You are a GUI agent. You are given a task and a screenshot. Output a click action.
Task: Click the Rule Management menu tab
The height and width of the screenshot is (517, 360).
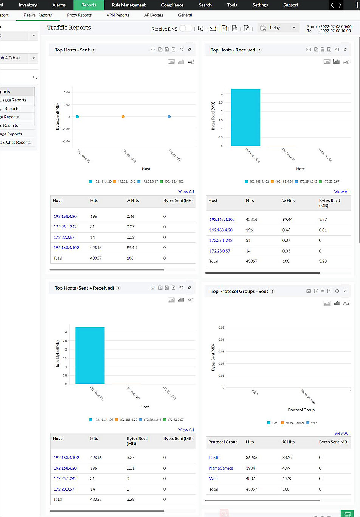(x=129, y=5)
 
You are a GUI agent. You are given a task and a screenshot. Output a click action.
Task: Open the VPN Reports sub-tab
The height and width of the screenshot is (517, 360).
(x=118, y=15)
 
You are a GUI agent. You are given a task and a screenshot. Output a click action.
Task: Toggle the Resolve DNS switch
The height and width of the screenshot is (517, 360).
(x=185, y=28)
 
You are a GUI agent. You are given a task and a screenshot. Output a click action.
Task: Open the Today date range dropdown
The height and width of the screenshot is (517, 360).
(x=278, y=28)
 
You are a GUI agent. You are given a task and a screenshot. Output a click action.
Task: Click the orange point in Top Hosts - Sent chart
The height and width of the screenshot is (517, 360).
(x=123, y=117)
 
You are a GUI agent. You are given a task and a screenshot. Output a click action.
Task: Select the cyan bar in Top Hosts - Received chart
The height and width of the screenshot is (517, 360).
(x=245, y=117)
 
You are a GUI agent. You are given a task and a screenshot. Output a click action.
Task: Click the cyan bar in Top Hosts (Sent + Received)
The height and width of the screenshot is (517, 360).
(x=90, y=356)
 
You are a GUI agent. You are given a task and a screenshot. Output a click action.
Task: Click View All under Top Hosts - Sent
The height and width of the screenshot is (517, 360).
(x=186, y=192)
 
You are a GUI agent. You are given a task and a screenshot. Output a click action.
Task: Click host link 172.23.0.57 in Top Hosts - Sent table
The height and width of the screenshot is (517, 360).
(x=64, y=238)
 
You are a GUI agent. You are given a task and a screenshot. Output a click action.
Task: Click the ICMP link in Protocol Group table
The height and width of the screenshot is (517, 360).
(x=214, y=458)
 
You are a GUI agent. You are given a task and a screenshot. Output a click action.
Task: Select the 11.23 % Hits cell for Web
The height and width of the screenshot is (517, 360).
(x=287, y=478)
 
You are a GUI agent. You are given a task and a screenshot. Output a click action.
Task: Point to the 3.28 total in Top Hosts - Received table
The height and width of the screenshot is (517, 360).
(x=323, y=261)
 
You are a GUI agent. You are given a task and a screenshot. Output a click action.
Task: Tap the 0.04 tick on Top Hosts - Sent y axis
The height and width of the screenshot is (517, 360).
(x=67, y=92)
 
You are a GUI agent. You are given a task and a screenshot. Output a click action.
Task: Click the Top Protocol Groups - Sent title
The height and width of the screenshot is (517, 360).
(x=239, y=292)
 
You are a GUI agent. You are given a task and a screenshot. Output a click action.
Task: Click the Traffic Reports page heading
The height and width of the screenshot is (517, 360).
(x=69, y=28)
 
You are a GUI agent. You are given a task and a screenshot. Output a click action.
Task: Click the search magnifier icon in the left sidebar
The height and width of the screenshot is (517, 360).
(x=35, y=78)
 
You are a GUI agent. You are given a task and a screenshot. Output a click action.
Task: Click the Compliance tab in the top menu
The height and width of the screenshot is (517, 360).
(x=172, y=5)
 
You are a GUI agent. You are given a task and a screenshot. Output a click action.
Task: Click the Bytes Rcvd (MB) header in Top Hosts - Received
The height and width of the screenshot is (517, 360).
(x=329, y=203)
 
